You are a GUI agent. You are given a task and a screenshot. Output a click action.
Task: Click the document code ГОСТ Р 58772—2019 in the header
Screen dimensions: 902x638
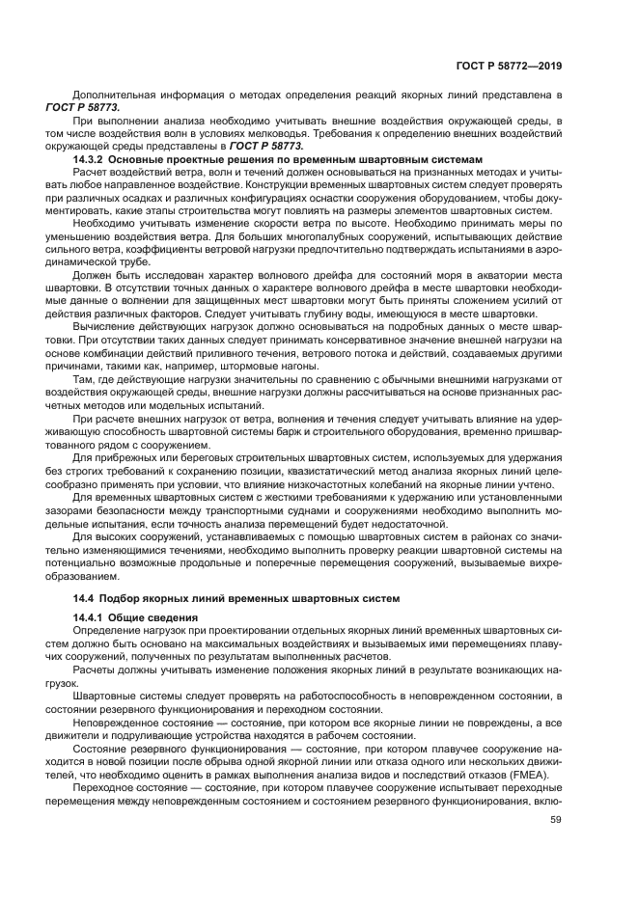pyautogui.click(x=509, y=66)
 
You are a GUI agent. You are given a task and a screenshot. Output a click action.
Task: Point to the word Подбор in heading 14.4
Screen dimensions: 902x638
pyautogui.click(x=118, y=598)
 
